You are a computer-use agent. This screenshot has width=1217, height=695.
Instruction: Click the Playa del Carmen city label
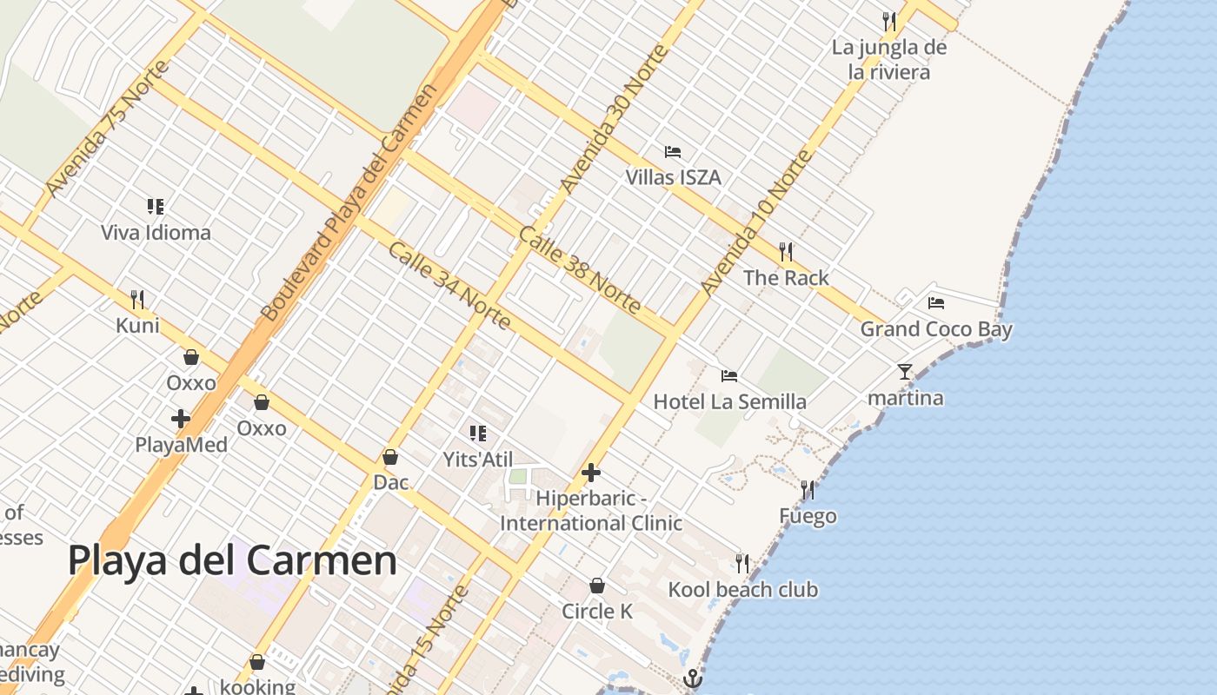tap(232, 560)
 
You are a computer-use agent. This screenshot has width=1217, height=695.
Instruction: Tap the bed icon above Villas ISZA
tap(673, 152)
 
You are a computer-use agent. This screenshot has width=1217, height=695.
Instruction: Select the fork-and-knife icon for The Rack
tap(786, 252)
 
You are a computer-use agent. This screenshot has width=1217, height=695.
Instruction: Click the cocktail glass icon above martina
tap(905, 372)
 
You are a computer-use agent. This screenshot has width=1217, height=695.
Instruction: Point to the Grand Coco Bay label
tap(936, 329)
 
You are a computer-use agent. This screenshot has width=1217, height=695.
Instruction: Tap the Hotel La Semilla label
tap(729, 401)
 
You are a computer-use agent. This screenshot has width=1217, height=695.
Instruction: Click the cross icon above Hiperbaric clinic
tap(591, 473)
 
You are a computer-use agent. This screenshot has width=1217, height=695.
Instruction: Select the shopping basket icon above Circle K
tap(597, 586)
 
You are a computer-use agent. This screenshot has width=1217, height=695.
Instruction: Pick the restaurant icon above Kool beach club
tap(742, 564)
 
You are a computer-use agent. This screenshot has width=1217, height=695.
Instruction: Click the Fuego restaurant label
tap(808, 516)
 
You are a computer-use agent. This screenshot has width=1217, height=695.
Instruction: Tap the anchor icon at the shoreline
tap(692, 678)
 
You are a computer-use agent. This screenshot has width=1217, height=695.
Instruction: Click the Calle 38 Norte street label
tap(580, 269)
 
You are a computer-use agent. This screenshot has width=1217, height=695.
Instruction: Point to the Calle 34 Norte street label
tap(449, 286)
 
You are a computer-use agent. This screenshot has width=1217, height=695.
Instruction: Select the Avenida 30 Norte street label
tap(615, 118)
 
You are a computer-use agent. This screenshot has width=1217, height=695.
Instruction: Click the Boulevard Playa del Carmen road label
tap(348, 202)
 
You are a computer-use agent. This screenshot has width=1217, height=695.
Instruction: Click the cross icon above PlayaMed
tap(181, 419)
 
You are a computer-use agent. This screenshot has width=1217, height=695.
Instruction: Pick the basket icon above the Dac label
tap(390, 457)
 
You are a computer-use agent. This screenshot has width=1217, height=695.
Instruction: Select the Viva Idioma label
tap(156, 233)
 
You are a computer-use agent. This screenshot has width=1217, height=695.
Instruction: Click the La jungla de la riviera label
tap(888, 59)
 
